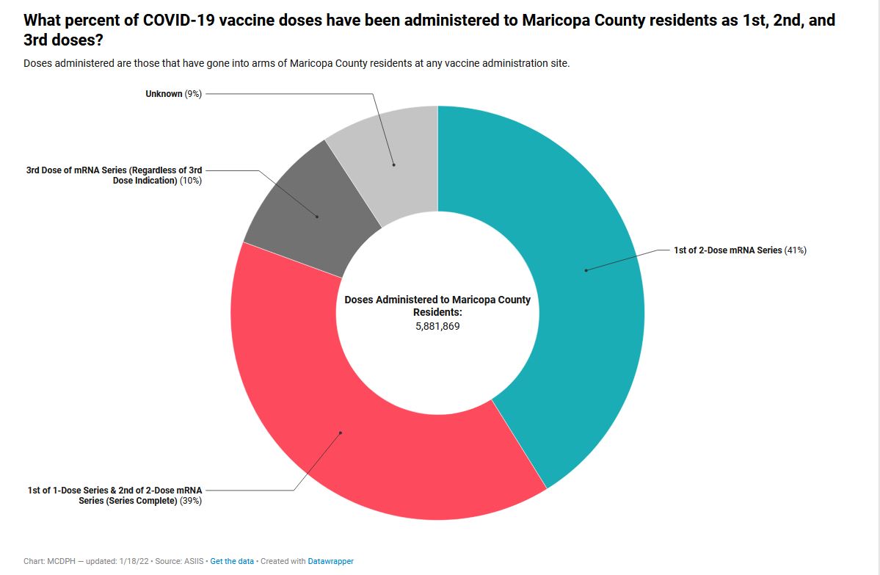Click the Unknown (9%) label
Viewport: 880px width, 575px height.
point(173,94)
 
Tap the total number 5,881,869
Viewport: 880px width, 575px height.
point(437,326)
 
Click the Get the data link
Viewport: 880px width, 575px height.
point(232,561)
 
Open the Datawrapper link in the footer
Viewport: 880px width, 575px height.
point(330,561)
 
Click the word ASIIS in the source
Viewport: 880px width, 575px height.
point(190,561)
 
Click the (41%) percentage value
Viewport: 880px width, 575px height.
point(796,250)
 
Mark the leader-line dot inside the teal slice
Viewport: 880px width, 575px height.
point(586,270)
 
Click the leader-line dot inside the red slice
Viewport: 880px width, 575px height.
point(341,433)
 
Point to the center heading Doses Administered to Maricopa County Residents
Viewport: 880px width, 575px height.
point(437,305)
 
